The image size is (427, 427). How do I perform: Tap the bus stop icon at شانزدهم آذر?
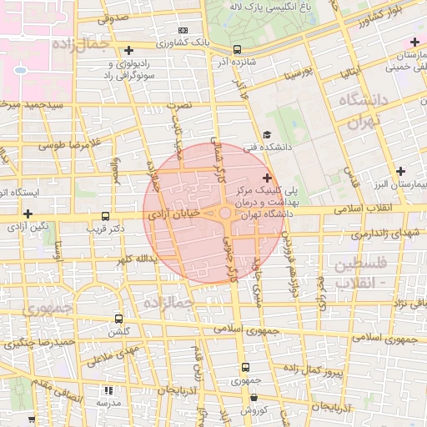238,49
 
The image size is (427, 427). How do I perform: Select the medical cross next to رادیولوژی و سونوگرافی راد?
128,51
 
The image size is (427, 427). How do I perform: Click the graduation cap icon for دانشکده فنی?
267,135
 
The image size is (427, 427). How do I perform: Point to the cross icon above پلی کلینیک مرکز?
267,178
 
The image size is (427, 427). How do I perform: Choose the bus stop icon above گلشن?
118,319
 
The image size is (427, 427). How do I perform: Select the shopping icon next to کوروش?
245,398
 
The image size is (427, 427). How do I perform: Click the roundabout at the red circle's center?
226,213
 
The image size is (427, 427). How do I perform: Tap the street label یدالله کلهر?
139,259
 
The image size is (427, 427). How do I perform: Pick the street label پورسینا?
299,74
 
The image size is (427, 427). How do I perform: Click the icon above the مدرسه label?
108,389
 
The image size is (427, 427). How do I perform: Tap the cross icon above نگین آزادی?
28,213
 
